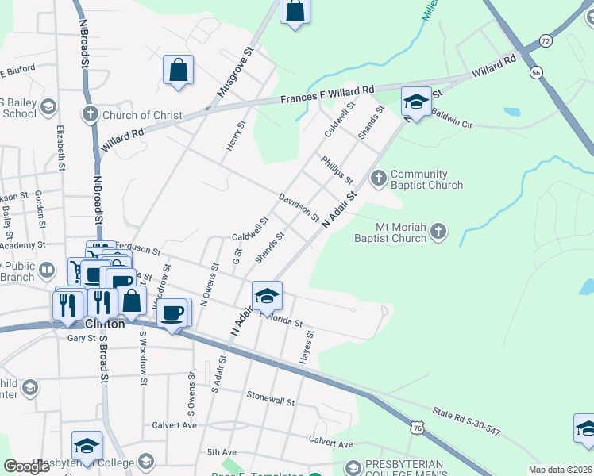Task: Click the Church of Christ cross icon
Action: (91, 115)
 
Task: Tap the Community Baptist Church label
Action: (426, 180)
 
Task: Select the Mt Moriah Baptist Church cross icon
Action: (438, 232)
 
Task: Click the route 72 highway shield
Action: (545, 40)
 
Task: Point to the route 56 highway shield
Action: (537, 71)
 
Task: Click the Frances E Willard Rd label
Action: (328, 96)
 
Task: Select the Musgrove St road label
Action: (235, 72)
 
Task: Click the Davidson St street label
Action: (299, 206)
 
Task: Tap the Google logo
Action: (26, 466)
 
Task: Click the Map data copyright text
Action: (560, 470)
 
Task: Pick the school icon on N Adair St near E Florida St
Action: (267, 296)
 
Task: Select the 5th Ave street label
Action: (222, 452)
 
